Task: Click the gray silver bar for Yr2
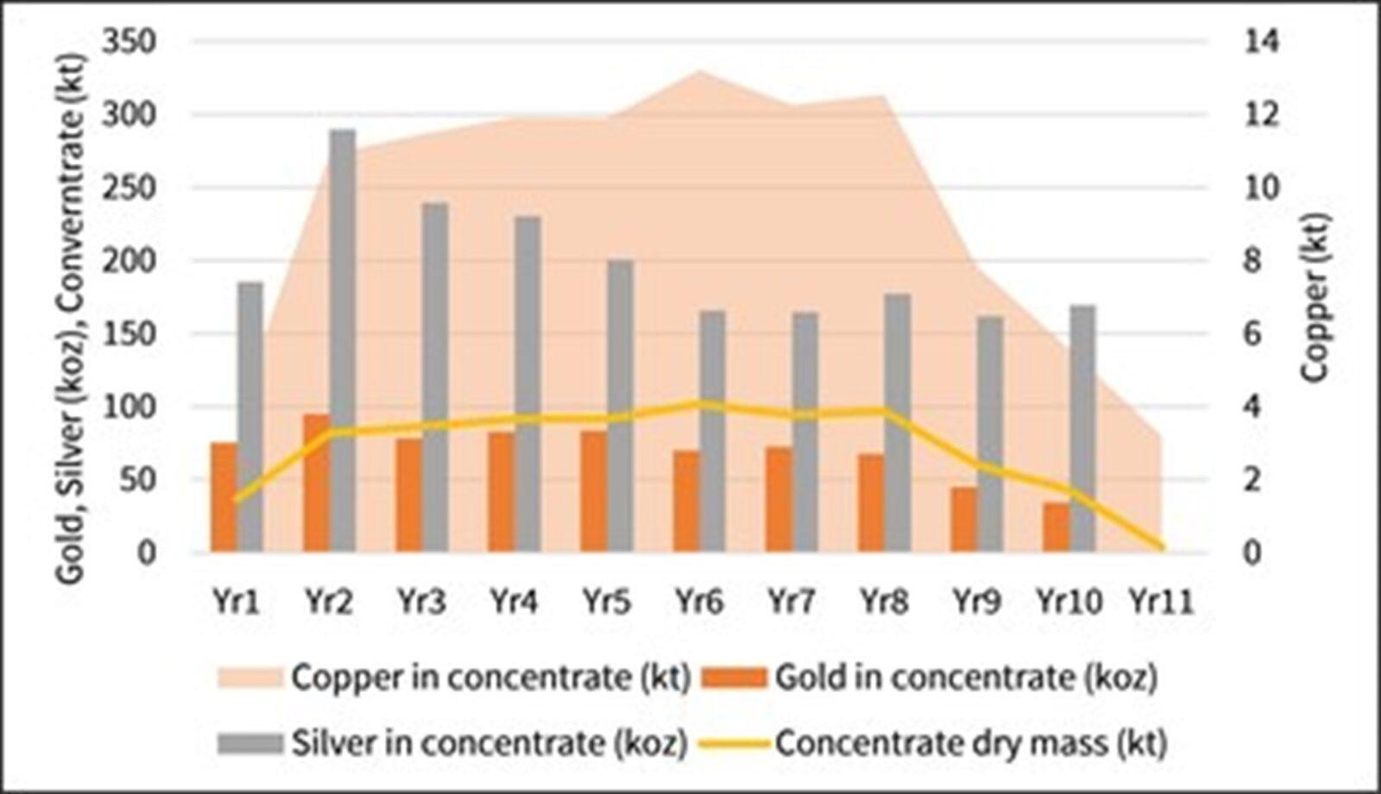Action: [x=342, y=341]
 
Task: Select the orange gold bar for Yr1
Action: [x=224, y=497]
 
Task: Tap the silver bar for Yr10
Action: [x=1082, y=428]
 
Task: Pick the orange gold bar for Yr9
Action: [x=964, y=520]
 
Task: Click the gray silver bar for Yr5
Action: [x=620, y=406]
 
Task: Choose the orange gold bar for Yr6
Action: [x=686, y=501]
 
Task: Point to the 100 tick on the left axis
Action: [x=129, y=406]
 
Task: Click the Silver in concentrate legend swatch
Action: [x=249, y=742]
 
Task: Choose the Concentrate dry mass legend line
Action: [x=735, y=742]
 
